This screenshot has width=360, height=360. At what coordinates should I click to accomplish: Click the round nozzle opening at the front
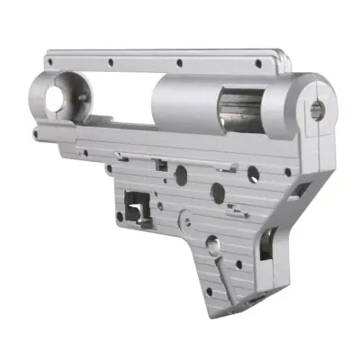point(61,94)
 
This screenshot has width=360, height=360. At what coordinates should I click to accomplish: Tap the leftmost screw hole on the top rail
point(110,64)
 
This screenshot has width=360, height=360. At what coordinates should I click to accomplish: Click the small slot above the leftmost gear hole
point(158,164)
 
